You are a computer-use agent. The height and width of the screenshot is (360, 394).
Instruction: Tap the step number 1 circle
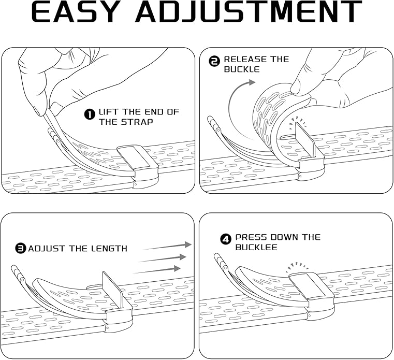[90, 112]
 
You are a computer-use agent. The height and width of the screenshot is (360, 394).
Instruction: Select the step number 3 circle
[20, 249]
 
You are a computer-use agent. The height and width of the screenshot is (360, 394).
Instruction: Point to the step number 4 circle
[226, 239]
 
